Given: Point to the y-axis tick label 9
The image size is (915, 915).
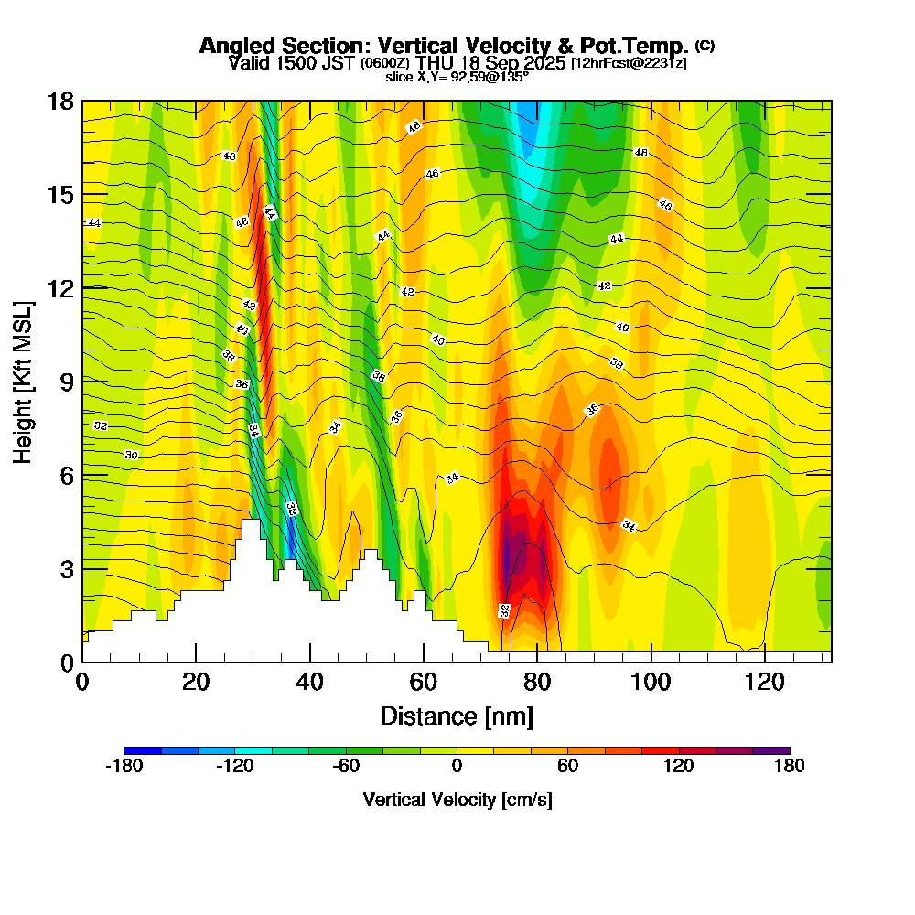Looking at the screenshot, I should tap(66, 382).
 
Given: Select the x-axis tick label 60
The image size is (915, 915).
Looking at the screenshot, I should tap(424, 682).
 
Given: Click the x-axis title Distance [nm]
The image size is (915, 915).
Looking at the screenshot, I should tap(457, 716).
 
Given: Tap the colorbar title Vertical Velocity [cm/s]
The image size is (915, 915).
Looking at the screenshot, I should tap(457, 800).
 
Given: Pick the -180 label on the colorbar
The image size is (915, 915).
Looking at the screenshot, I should tap(124, 767).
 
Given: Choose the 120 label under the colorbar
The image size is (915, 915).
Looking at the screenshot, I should tap(678, 767).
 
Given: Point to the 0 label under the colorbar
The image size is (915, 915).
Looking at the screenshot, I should tap(457, 767).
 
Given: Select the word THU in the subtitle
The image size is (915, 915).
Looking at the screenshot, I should tap(435, 63).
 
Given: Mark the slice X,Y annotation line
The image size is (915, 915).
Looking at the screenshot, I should tap(457, 77).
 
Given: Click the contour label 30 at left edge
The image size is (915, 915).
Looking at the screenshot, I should tap(131, 455).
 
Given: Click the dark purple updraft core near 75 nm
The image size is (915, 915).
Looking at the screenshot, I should tap(506, 558).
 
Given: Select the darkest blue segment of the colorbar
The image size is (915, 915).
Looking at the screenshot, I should tap(143, 750).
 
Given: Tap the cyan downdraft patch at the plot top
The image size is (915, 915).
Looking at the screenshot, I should tap(531, 137).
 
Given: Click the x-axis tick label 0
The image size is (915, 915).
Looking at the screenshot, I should tap(82, 682).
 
